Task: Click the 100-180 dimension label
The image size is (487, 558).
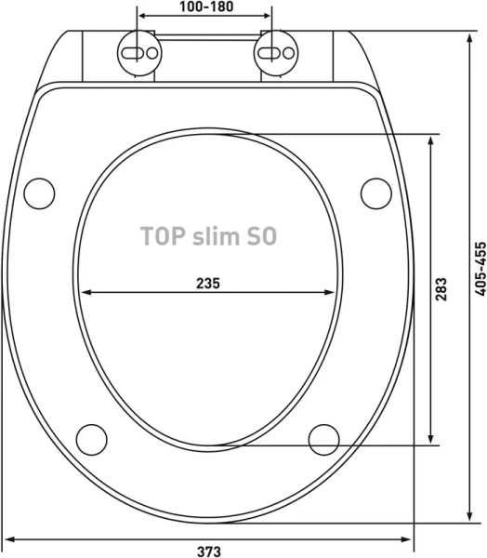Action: (x=206, y=7)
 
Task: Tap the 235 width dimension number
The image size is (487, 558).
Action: (x=208, y=284)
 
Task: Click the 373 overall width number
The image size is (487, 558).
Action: (x=209, y=551)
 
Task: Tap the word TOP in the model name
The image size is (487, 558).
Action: (x=163, y=236)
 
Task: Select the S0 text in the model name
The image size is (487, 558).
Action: (x=261, y=236)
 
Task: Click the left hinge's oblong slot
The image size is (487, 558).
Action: (x=133, y=53)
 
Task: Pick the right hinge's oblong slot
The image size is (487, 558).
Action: (x=270, y=53)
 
